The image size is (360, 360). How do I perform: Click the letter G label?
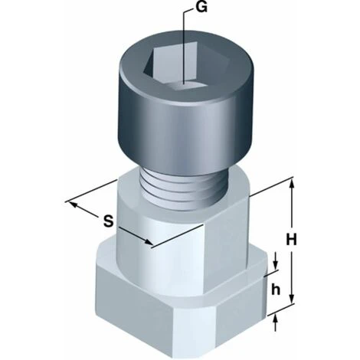[201, 8]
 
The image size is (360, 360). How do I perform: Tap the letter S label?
[108, 221]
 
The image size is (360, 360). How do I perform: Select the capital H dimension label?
[291, 240]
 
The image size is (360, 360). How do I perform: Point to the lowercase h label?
[276, 290]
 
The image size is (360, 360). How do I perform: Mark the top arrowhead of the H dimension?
[293, 183]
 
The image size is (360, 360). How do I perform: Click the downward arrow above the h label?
[276, 261]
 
